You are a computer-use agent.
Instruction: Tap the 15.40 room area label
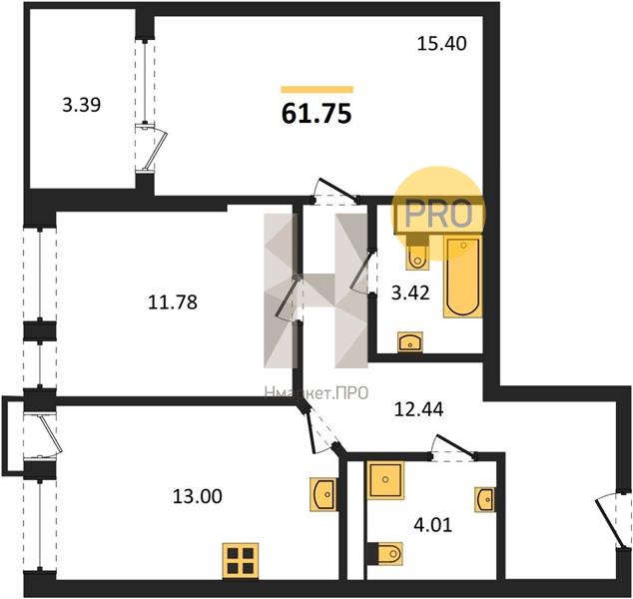click(x=440, y=43)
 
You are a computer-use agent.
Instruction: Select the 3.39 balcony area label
click(x=81, y=103)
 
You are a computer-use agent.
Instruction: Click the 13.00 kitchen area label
click(x=197, y=494)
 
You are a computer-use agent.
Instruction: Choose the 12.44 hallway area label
click(x=418, y=407)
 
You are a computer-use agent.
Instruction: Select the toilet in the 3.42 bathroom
click(x=418, y=255)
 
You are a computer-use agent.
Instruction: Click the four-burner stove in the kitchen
click(x=241, y=559)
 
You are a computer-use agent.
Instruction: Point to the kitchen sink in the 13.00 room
click(x=323, y=493)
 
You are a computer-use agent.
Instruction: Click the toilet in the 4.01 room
click(x=387, y=552)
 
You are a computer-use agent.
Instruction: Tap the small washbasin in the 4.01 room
click(x=484, y=497)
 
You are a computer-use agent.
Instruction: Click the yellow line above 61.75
click(x=316, y=89)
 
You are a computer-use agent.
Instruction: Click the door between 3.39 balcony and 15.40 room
click(x=148, y=140)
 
